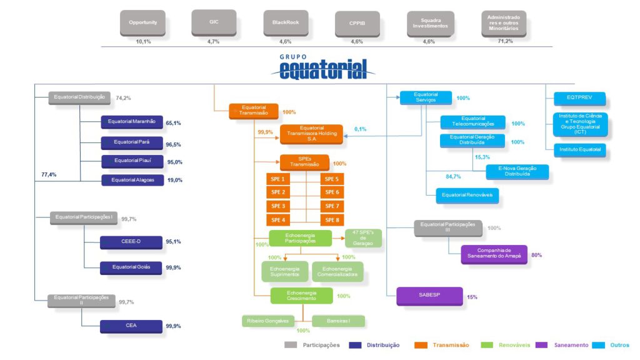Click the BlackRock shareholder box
pos(286,23)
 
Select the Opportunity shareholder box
pos(142,23)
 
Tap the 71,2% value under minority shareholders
pos(505,41)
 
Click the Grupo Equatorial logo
pos(323,67)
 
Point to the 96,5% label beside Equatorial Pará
pos(174,144)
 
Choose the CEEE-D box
pos(131,242)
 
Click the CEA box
pos(131,326)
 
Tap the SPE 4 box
pos(278,220)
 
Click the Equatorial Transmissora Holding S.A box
pos(312,133)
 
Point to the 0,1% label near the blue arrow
pos(361,129)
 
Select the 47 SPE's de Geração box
pos(363,238)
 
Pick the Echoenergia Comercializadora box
pos(337,271)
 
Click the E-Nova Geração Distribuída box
pos(517,172)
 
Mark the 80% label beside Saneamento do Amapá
pos(536,255)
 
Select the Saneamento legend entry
pos(570,345)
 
